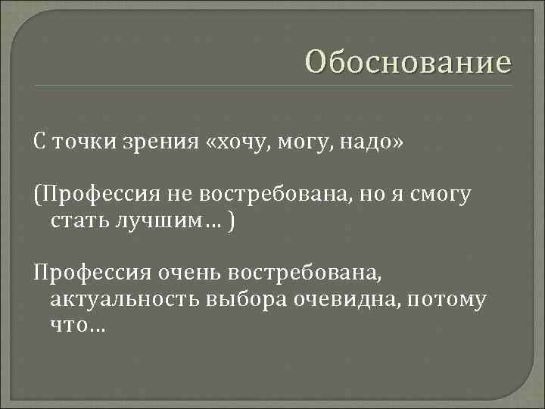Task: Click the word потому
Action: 446,300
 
